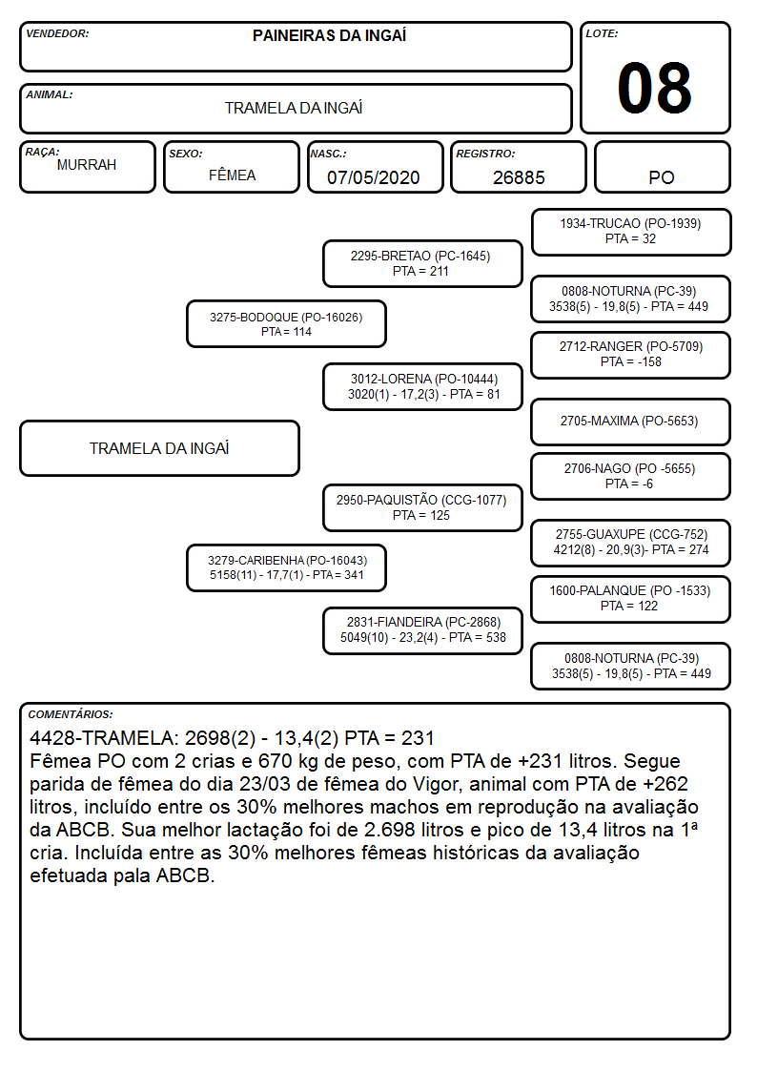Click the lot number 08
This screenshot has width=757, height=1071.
[x=654, y=88]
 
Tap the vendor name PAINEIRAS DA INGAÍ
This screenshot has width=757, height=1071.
[x=329, y=35]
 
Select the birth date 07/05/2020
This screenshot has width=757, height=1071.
[x=374, y=177]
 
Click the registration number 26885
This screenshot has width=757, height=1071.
[x=519, y=177]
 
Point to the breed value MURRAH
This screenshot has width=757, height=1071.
[x=87, y=165]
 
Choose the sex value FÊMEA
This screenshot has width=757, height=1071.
[x=232, y=175]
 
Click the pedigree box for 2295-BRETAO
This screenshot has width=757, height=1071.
[x=422, y=263]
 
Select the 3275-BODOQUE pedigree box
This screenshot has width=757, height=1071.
[x=286, y=323]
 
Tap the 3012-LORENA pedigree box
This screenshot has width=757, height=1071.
[x=422, y=386]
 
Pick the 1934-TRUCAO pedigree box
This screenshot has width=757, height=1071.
[x=631, y=233]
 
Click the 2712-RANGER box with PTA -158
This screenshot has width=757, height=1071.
[x=631, y=355]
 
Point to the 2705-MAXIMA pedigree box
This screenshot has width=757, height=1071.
[x=631, y=422]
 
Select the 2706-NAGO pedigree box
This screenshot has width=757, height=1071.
[x=631, y=476]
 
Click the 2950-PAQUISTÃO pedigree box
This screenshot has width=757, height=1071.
[x=422, y=507]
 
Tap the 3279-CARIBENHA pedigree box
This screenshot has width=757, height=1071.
[x=286, y=567]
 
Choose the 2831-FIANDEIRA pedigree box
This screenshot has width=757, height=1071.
[x=422, y=630]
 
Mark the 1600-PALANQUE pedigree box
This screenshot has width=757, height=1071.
[x=631, y=599]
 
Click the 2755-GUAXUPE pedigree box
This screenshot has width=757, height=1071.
[x=631, y=543]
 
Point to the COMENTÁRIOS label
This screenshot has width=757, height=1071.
[x=71, y=714]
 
